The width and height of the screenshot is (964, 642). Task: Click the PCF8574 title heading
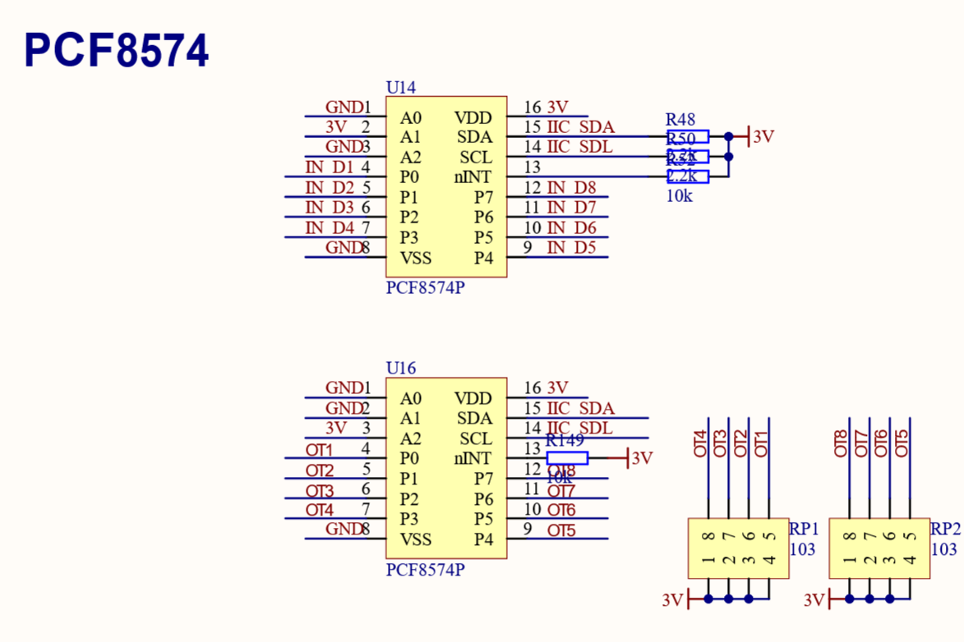point(116,51)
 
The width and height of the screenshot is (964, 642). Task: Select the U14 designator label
point(401,87)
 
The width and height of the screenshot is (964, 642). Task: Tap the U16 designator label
point(401,368)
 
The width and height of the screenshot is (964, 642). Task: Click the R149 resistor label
point(565,441)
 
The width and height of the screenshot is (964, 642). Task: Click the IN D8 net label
point(571,188)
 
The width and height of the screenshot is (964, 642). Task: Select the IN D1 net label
point(330,167)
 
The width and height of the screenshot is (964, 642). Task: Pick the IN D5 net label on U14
point(571,247)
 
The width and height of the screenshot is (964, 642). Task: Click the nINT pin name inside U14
point(473,177)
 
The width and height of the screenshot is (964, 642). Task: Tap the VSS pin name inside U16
point(416,539)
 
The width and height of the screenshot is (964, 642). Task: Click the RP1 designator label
point(805,528)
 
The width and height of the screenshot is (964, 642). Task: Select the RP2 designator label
point(946,528)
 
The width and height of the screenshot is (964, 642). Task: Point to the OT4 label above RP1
point(700,443)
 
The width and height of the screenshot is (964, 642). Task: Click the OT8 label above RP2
point(841,443)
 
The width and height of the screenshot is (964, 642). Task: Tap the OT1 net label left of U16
point(320,450)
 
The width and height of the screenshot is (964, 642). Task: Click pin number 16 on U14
point(532,108)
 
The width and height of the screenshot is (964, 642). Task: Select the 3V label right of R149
point(642,458)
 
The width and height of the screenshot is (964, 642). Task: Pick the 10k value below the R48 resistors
point(679,196)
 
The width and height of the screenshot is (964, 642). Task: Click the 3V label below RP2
point(814,600)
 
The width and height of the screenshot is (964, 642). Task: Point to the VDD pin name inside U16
point(473,398)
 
